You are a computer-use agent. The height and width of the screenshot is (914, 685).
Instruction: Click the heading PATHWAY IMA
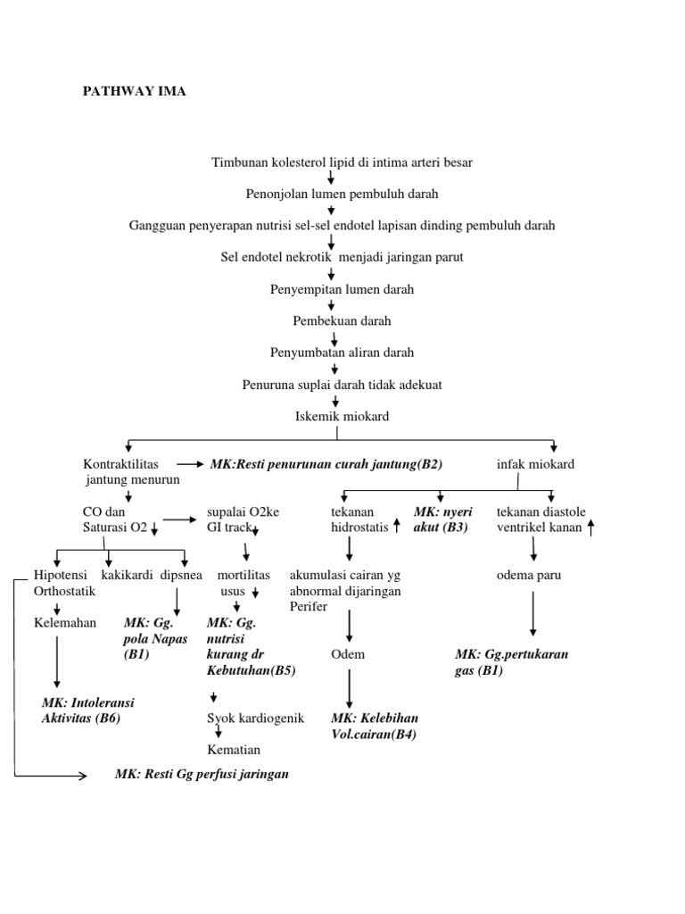pyautogui.click(x=134, y=91)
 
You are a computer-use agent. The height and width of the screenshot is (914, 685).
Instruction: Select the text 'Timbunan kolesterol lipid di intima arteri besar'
pyautogui.click(x=342, y=162)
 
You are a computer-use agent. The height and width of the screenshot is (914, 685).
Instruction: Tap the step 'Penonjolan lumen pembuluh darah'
pyautogui.click(x=342, y=193)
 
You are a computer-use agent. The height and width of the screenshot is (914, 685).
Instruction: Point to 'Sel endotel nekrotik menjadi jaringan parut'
pyautogui.click(x=342, y=257)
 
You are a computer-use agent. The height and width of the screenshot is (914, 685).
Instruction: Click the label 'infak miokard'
pyautogui.click(x=535, y=465)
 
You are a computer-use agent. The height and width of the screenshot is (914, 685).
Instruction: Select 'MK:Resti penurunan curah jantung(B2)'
pyautogui.click(x=326, y=465)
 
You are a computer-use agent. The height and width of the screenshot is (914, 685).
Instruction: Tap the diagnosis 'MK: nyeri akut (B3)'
pyautogui.click(x=442, y=519)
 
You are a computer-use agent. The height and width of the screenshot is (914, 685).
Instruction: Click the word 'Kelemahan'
pyautogui.click(x=64, y=623)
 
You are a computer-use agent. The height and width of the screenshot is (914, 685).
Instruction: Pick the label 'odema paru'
pyautogui.click(x=529, y=576)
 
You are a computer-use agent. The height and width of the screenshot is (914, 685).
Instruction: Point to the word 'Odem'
pyautogui.click(x=348, y=654)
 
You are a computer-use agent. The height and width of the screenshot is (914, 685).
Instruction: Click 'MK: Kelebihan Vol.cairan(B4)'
pyautogui.click(x=375, y=726)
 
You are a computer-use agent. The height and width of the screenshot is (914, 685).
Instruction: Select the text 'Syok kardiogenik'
pyautogui.click(x=255, y=719)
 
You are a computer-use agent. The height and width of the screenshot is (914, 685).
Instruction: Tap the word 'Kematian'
pyautogui.click(x=234, y=750)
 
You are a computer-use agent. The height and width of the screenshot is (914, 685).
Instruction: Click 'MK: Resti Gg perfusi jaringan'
pyautogui.click(x=202, y=775)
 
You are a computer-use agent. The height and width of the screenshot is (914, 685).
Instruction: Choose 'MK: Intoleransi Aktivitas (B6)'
pyautogui.click(x=87, y=710)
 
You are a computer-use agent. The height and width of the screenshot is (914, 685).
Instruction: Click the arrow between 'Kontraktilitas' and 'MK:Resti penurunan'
pyautogui.click(x=190, y=465)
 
